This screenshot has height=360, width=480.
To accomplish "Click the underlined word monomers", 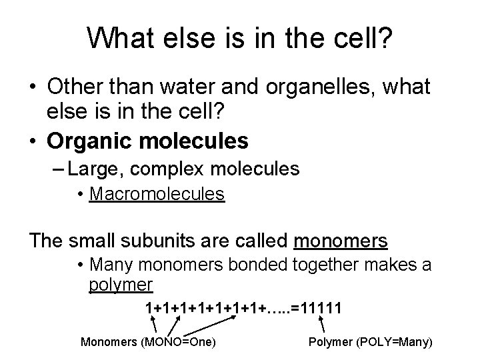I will (x=341, y=240).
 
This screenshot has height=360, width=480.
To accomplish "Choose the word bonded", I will (x=259, y=265).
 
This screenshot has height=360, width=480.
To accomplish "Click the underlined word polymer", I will (x=121, y=285).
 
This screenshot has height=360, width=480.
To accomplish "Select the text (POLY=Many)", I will (x=395, y=343).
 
